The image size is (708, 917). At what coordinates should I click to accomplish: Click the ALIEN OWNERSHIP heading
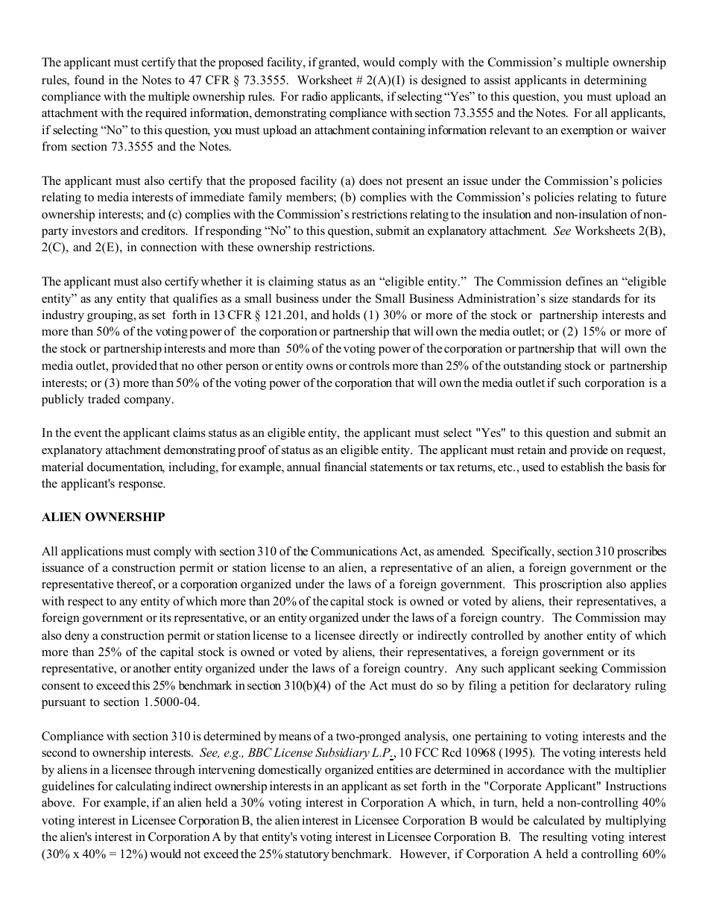(104, 517)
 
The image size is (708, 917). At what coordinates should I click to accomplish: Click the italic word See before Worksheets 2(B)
(562, 230)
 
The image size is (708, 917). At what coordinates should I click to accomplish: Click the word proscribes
(639, 552)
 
